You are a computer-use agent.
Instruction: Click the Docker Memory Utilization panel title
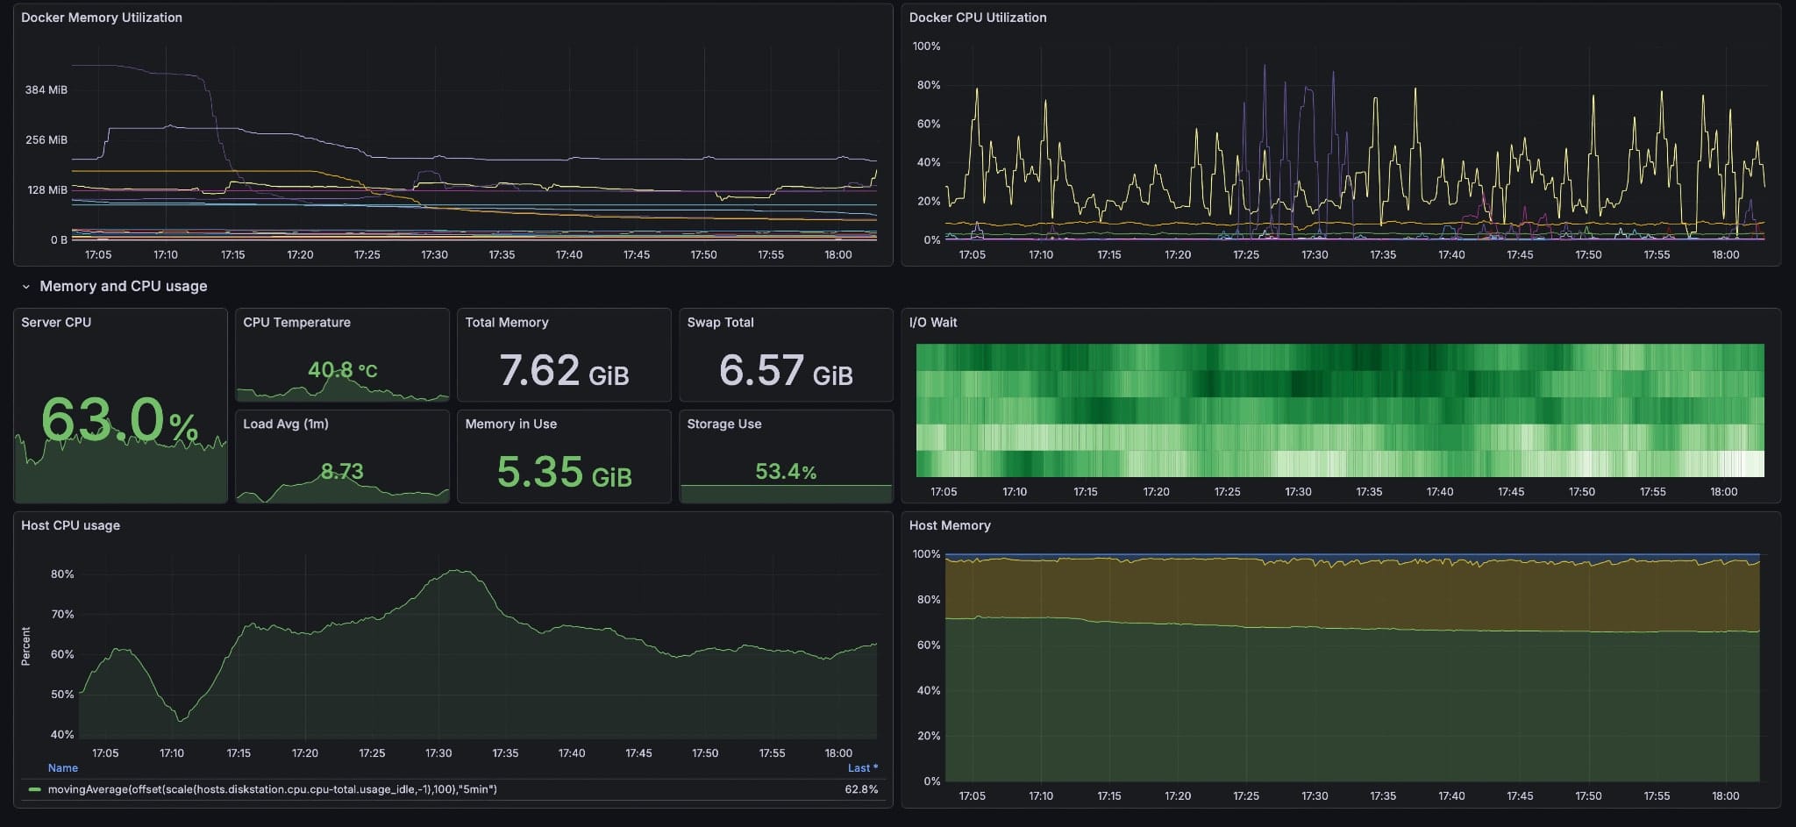[x=102, y=18]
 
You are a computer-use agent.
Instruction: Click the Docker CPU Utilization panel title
[x=978, y=18]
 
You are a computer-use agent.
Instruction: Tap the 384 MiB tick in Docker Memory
[x=46, y=89]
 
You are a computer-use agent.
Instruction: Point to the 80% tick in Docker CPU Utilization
[x=928, y=85]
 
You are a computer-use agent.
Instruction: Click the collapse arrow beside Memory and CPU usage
[x=26, y=287]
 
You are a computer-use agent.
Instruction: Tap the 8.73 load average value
[x=342, y=472]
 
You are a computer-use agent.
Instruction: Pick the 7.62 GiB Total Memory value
[x=564, y=370]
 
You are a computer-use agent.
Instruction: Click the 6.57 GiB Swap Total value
[x=786, y=370]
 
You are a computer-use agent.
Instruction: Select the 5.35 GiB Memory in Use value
[x=564, y=472]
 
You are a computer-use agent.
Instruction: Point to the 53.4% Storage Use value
[x=786, y=472]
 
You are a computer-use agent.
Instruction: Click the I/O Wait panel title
[x=933, y=323]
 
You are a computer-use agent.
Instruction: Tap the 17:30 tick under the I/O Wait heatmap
[x=1298, y=492]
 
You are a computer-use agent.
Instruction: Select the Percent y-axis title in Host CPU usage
[x=25, y=646]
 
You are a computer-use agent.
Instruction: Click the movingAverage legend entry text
[x=272, y=789]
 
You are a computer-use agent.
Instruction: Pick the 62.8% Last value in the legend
[x=861, y=789]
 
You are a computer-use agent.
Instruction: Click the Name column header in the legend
[x=63, y=768]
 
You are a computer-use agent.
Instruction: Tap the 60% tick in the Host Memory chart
[x=928, y=645]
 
